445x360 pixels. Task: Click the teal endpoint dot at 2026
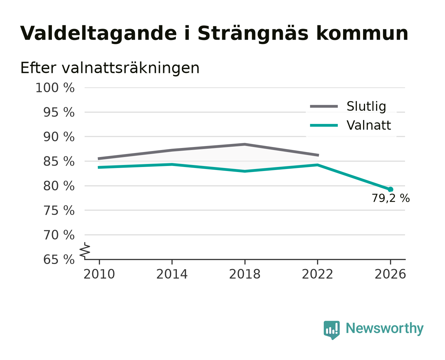pyautogui.click(x=390, y=189)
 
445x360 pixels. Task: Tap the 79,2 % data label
pyautogui.click(x=391, y=198)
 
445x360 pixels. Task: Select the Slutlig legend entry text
pyautogui.click(x=366, y=107)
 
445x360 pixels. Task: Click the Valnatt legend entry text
pyautogui.click(x=369, y=125)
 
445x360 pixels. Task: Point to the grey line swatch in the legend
pyautogui.click(x=324, y=106)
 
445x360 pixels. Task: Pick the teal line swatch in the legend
pyautogui.click(x=324, y=125)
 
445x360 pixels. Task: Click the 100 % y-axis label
pyautogui.click(x=55, y=88)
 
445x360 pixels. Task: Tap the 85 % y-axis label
pyautogui.click(x=59, y=161)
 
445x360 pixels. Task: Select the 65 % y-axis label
pyautogui.click(x=59, y=260)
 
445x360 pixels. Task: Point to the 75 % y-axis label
pyautogui.click(x=59, y=210)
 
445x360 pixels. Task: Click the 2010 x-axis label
pyautogui.click(x=99, y=274)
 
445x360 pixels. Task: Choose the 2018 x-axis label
pyautogui.click(x=245, y=274)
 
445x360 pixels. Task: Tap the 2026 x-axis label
pyautogui.click(x=390, y=274)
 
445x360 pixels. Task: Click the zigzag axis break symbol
pyautogui.click(x=85, y=250)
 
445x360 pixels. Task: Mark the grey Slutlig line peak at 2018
pyautogui.click(x=245, y=144)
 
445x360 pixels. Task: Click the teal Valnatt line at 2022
pyautogui.click(x=317, y=165)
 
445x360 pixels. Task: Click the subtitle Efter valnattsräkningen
pyautogui.click(x=110, y=68)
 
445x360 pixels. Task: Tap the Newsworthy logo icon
pyautogui.click(x=332, y=330)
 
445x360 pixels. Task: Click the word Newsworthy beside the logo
pyautogui.click(x=385, y=328)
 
